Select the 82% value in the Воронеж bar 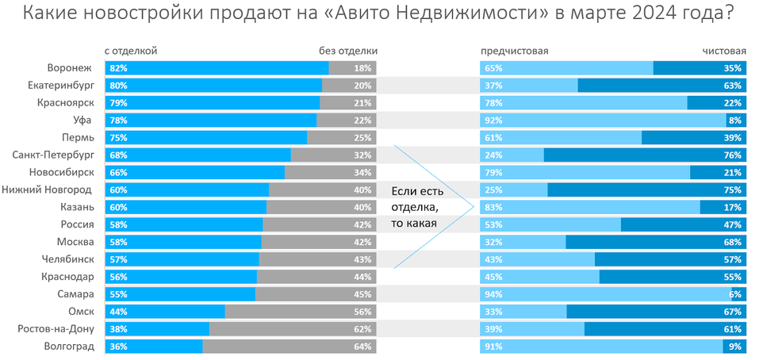119,68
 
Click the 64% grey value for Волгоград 363,347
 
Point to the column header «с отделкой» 131,51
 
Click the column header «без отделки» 348,51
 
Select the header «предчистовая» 515,51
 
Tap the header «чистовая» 723,51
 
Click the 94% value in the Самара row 493,294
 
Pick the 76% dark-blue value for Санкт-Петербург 732,155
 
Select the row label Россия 75,224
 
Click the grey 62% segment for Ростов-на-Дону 292,329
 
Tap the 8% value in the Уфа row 734,120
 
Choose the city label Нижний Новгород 47,190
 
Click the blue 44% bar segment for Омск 167,312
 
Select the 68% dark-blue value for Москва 732,242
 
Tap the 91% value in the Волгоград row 493,347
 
